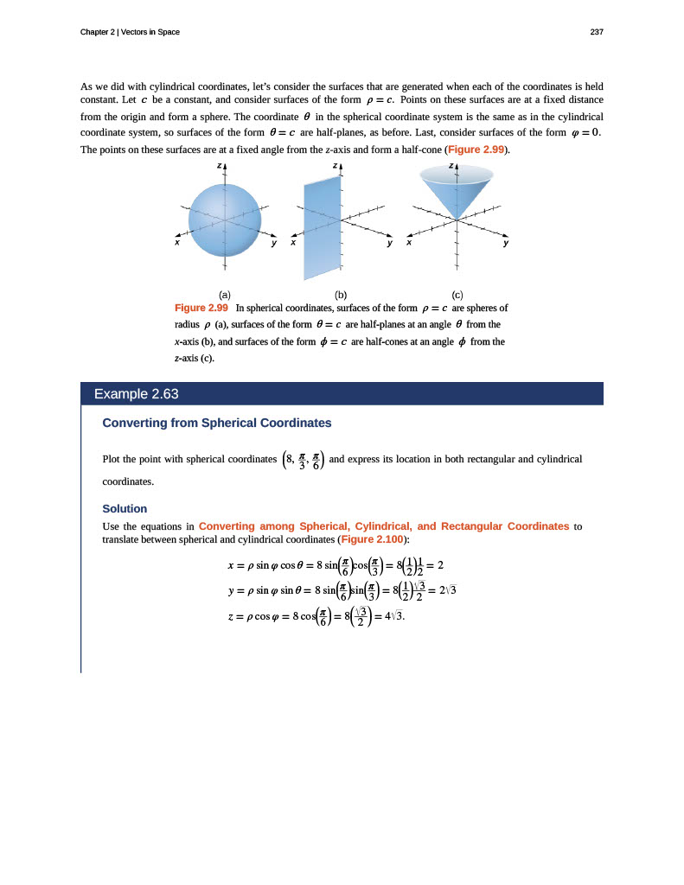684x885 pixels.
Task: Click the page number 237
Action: [596, 32]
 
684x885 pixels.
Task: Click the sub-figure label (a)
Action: [224, 295]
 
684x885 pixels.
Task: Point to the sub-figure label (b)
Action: [341, 295]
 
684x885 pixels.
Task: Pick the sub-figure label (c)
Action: [457, 295]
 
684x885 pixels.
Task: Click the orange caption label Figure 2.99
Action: [201, 308]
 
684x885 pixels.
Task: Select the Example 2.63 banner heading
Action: [136, 394]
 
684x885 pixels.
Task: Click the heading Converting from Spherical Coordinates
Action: [217, 423]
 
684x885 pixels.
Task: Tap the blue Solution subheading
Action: [125, 508]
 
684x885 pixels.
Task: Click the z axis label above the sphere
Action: [220, 165]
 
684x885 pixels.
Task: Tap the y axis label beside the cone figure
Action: [506, 244]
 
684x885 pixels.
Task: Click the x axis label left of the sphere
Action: [176, 244]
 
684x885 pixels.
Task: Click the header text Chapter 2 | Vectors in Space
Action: [130, 32]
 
